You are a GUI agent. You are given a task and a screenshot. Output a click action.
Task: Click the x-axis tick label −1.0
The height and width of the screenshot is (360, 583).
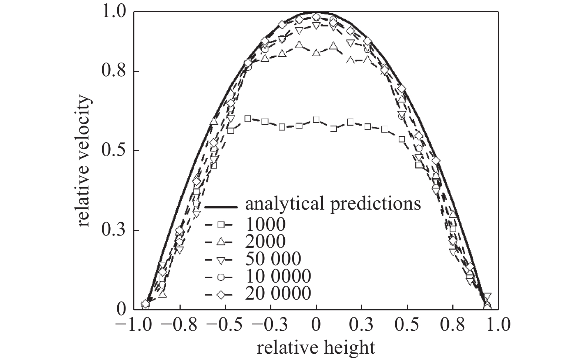point(134,326)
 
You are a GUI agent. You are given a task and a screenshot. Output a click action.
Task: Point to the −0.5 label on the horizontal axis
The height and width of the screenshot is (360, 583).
point(225,326)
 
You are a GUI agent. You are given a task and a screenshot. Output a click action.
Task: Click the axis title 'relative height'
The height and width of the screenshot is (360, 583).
point(316,348)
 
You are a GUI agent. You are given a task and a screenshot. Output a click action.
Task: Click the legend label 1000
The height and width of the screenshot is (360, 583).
point(265,224)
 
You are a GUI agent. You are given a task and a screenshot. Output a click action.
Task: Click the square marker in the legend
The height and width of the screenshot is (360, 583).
point(220,224)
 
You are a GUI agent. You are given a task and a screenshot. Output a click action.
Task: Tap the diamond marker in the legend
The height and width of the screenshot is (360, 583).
point(221,295)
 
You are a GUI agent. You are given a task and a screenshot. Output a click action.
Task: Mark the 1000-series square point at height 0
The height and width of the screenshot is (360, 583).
point(316,120)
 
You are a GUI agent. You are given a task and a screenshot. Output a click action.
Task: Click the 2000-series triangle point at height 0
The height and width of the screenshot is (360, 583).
point(316,53)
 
